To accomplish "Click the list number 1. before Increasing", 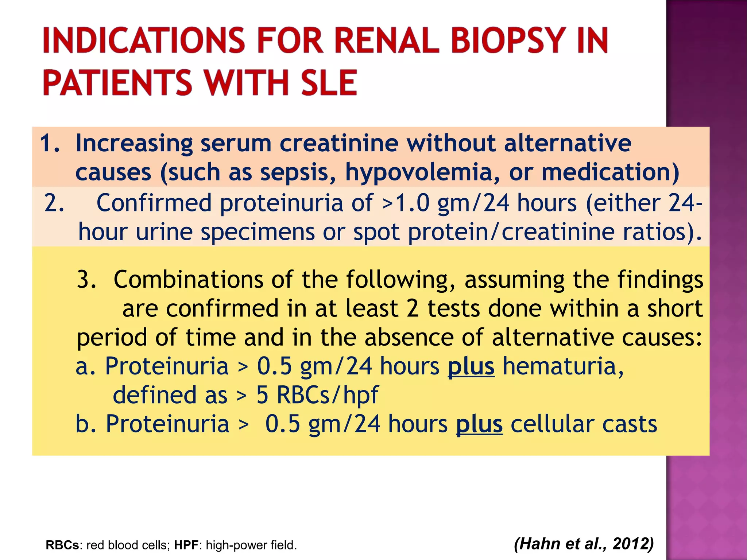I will [50, 143].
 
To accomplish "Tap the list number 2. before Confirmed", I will [54, 203].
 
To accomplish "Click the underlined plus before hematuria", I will [471, 366].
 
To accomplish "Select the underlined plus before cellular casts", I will [479, 424].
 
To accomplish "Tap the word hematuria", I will [563, 366].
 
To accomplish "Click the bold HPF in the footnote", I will [186, 545].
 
